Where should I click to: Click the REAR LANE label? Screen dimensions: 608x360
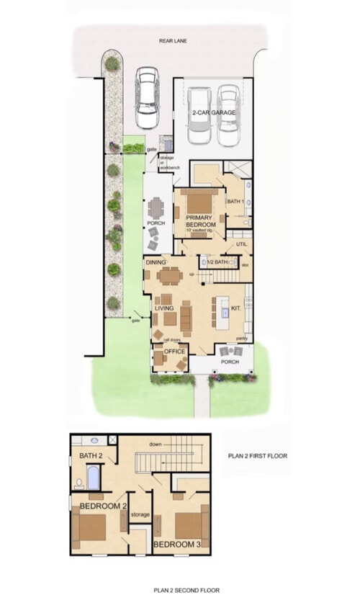pos(173,42)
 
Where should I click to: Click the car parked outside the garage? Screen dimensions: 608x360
pos(148,96)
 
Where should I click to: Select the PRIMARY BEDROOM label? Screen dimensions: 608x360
pos(201,221)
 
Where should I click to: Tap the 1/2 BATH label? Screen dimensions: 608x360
pos(217,262)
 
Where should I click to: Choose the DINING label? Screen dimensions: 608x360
pos(156,263)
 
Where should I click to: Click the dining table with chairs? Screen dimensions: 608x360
pos(170,275)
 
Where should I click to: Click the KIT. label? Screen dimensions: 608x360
pos(236,308)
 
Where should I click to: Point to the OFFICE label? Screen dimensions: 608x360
pos(175,352)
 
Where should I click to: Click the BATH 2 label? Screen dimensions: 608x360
pos(90,456)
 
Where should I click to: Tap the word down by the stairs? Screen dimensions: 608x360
pos(155,444)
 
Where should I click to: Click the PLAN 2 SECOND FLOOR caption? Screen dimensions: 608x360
pos(186,590)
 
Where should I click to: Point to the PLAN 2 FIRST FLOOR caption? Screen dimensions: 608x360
pos(257,456)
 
